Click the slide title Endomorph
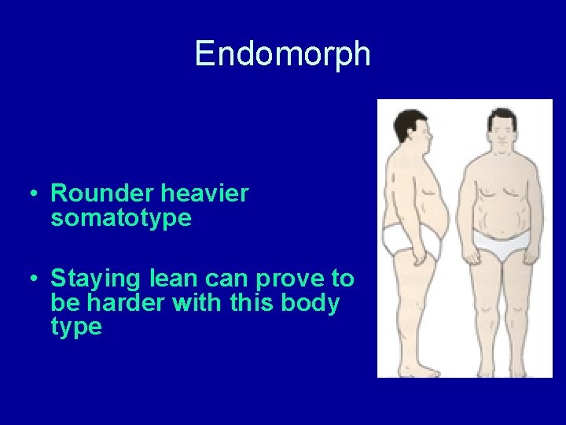[x=282, y=54]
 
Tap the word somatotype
[x=121, y=217]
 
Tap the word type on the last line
[x=76, y=327]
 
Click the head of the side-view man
[x=413, y=129]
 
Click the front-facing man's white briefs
[x=500, y=245]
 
